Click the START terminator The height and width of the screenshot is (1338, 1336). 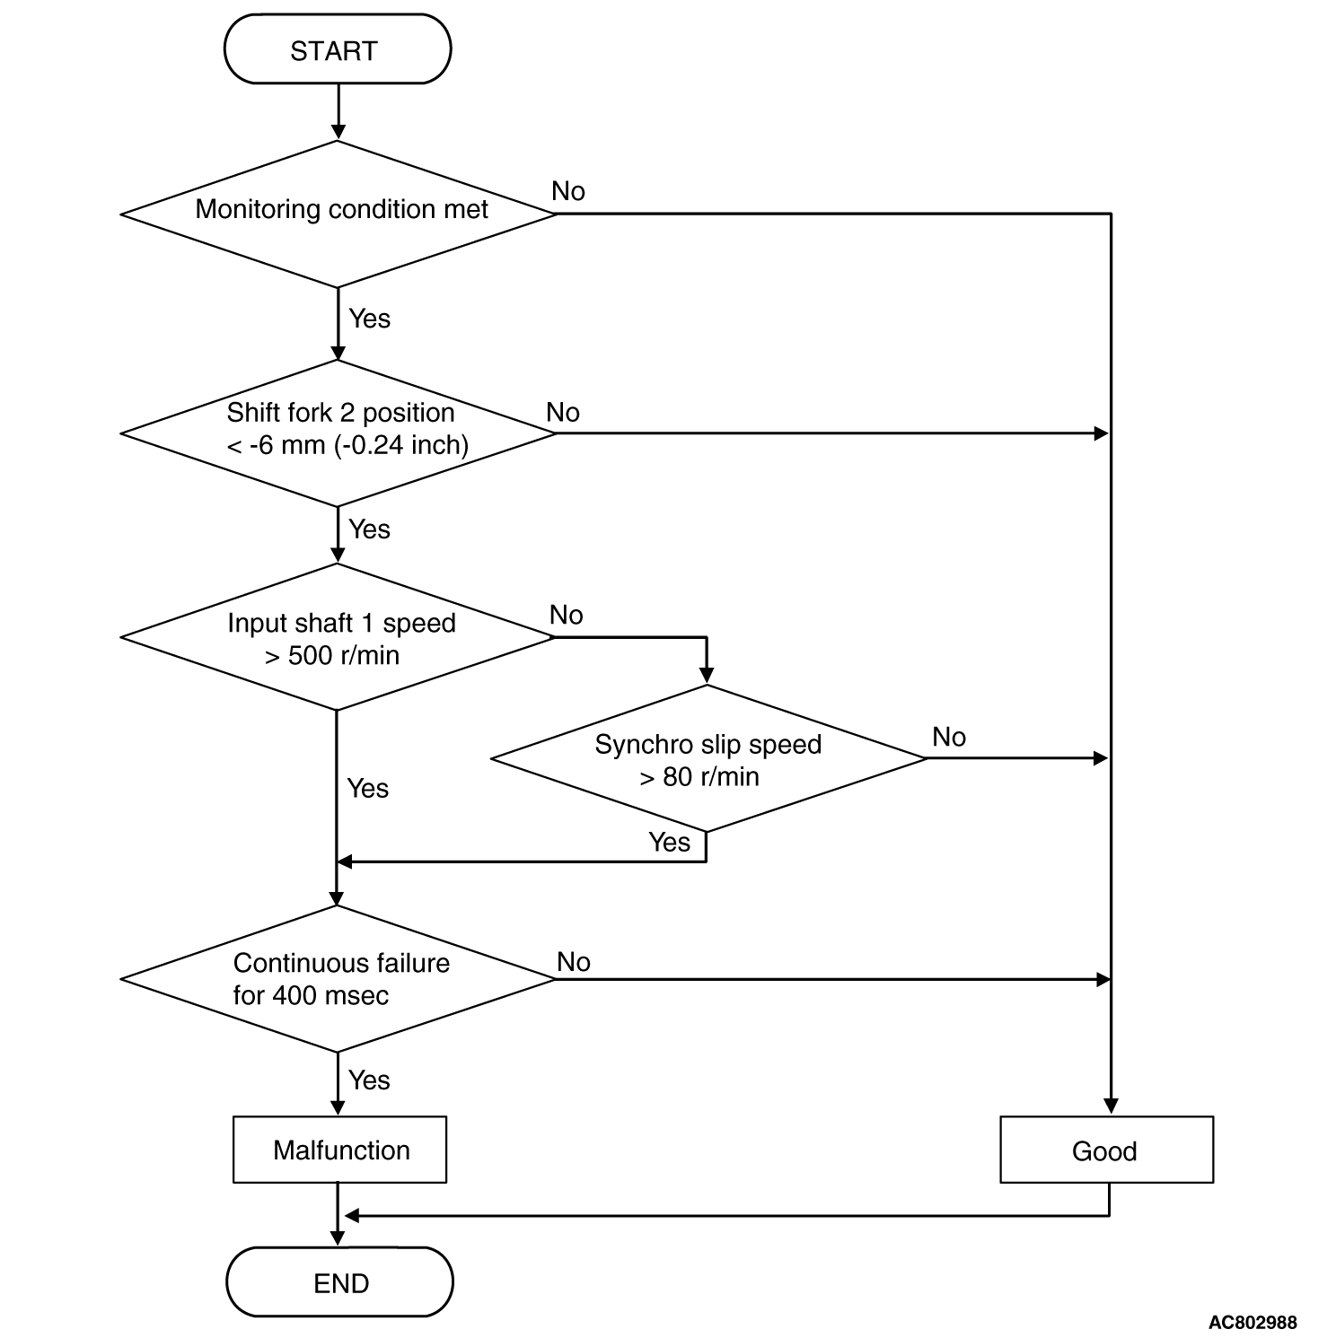337,49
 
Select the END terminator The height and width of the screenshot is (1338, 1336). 339,1281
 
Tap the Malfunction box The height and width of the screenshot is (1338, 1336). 339,1150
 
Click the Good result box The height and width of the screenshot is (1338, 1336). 1106,1150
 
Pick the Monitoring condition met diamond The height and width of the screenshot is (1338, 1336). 338,214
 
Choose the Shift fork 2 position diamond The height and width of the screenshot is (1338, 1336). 338,433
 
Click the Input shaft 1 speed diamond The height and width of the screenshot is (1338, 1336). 338,637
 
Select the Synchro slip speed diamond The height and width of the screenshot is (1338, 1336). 708,758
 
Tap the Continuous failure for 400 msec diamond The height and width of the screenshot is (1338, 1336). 338,979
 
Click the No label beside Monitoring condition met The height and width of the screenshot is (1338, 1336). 568,191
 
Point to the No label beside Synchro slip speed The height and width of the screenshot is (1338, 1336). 949,737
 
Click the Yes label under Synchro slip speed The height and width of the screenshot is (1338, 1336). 670,842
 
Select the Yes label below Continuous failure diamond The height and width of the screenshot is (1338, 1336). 369,1080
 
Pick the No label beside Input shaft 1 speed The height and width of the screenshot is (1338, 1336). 567,615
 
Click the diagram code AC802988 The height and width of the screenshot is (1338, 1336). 1252,1322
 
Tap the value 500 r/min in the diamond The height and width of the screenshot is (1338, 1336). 344,655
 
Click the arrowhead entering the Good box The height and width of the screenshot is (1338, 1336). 1111,1106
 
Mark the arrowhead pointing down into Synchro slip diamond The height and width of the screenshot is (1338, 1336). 707,676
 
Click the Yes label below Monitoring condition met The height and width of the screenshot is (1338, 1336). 369,319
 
